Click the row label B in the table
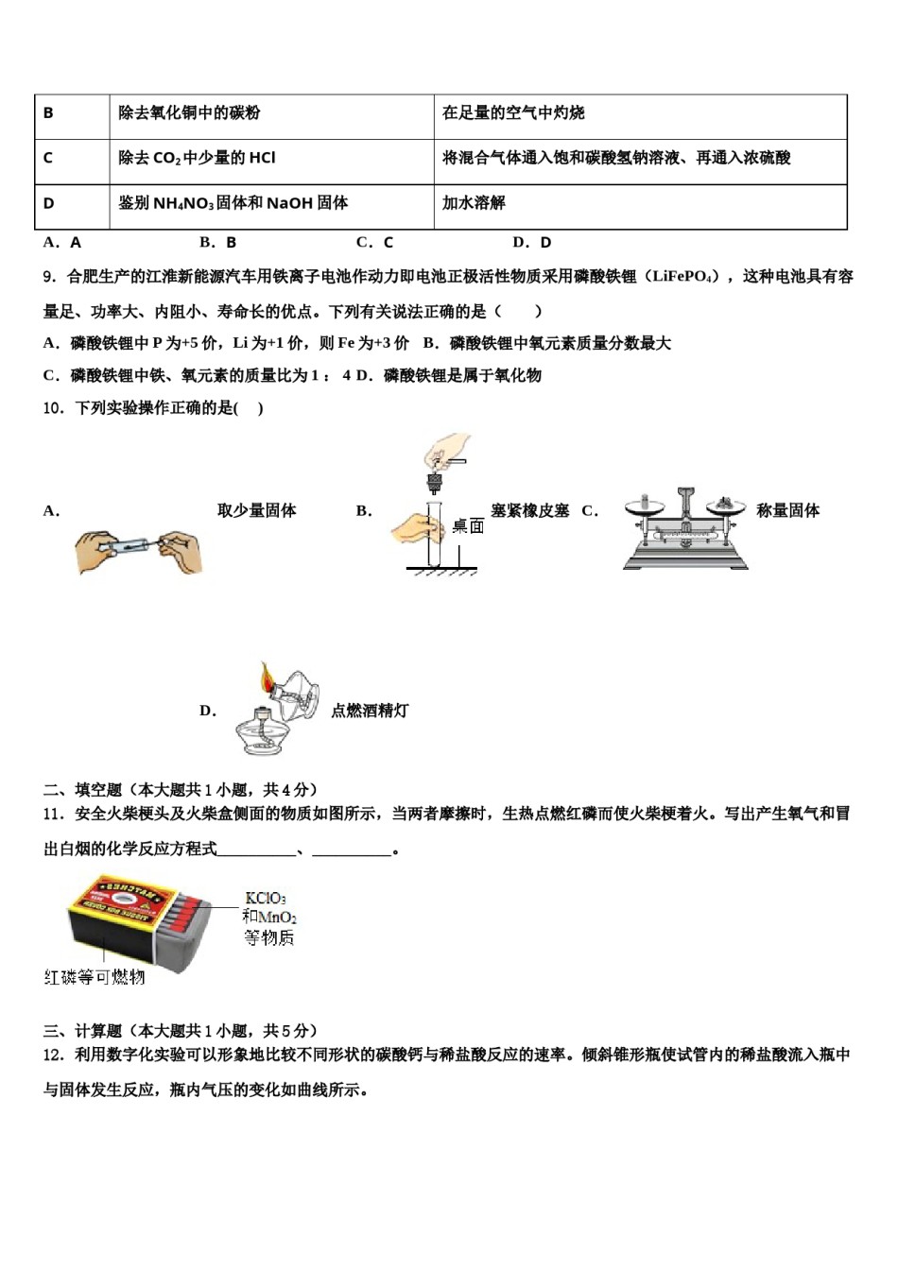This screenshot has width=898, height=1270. click(48, 113)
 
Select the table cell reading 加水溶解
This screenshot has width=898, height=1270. click(474, 203)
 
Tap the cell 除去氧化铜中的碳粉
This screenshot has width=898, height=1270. click(189, 113)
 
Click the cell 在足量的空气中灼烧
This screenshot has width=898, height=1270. click(513, 113)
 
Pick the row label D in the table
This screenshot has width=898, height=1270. click(49, 203)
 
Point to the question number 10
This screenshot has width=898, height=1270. click(54, 408)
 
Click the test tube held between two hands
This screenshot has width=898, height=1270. click(133, 545)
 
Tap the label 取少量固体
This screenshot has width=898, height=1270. click(256, 510)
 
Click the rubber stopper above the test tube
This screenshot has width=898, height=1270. click(435, 484)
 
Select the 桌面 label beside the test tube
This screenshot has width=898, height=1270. click(468, 526)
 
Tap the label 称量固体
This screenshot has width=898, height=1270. click(787, 510)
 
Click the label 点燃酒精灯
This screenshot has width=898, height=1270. click(370, 711)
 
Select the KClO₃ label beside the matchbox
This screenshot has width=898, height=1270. click(266, 899)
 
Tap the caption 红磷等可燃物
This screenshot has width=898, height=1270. click(95, 977)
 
